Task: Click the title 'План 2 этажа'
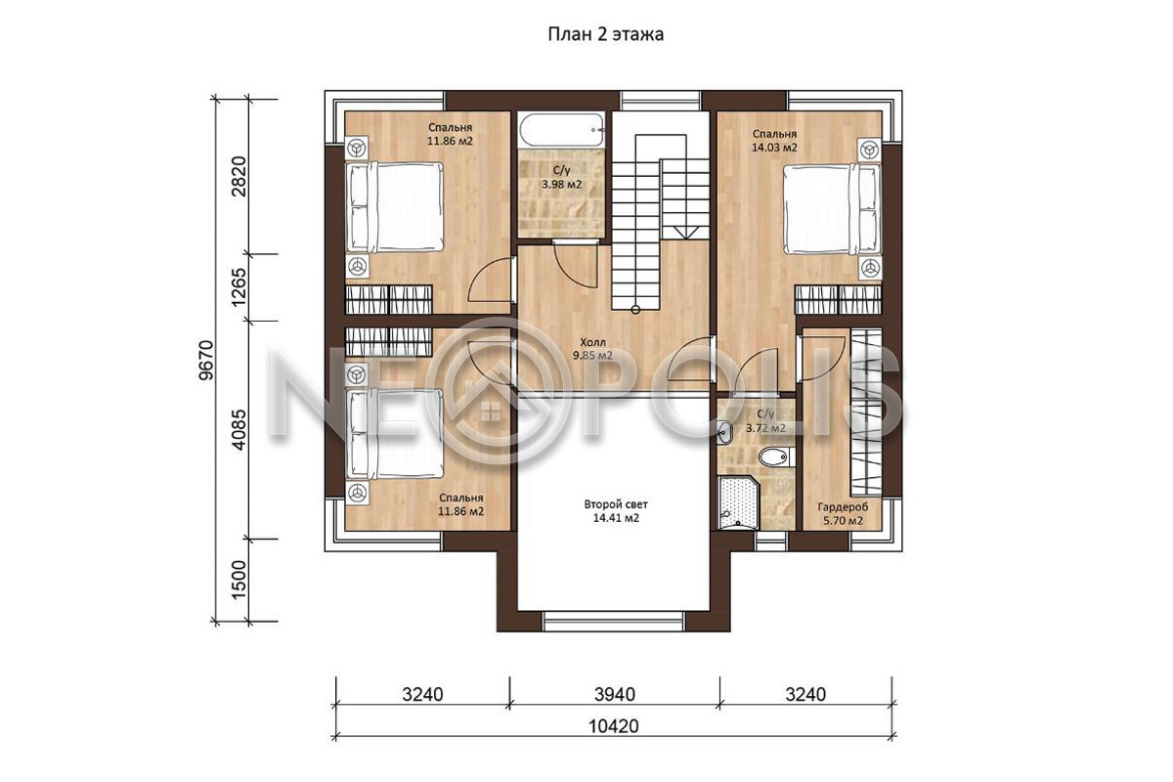606,34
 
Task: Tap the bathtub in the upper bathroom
562,130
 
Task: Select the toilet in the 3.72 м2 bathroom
777,456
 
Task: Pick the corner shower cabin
738,501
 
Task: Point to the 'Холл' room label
592,342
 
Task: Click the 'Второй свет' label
616,504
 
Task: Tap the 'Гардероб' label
843,507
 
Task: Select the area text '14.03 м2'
774,148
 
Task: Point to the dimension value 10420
614,726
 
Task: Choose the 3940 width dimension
615,695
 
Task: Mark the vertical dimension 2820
239,176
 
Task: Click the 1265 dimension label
239,287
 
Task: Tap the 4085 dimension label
239,429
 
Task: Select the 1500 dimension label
239,581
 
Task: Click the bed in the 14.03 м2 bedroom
832,209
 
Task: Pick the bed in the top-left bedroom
394,207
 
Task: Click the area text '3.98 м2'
561,185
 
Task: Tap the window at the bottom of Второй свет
614,621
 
